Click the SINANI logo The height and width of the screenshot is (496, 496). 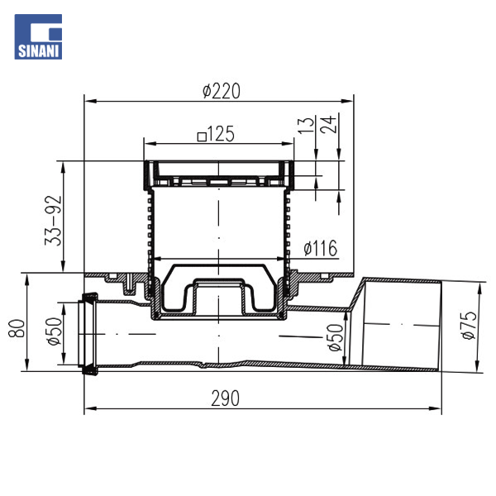(x=38, y=36)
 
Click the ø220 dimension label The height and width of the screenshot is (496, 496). (x=222, y=91)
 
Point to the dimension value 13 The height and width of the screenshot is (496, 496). (x=306, y=125)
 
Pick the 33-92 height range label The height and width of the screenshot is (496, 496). (x=53, y=221)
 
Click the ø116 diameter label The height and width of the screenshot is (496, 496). (x=321, y=248)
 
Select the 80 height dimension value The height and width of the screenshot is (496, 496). (x=17, y=328)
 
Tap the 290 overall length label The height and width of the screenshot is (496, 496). (x=225, y=398)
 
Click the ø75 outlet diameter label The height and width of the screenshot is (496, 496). (x=469, y=325)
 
